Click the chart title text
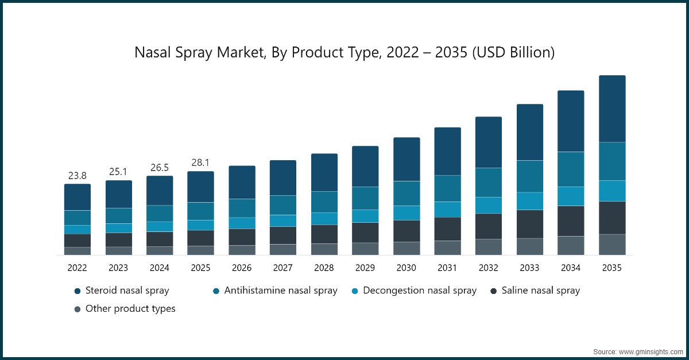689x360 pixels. coord(344,53)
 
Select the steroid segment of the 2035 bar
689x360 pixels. coord(612,109)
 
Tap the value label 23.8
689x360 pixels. coord(77,176)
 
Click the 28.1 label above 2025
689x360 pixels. coord(200,163)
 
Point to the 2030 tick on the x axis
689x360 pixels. coord(406,268)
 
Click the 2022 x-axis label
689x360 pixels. coord(77,268)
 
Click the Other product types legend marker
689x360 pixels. coord(78,309)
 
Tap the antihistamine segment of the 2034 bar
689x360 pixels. coord(571,169)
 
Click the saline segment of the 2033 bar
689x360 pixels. coord(529,224)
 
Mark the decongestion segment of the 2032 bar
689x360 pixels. coord(489,205)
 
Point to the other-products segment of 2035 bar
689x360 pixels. coord(612,244)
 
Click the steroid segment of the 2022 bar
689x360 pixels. coord(77,197)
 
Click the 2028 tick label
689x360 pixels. coord(324,268)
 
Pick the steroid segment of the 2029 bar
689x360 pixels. coord(365,166)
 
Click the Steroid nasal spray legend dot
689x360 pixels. coord(78,291)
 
